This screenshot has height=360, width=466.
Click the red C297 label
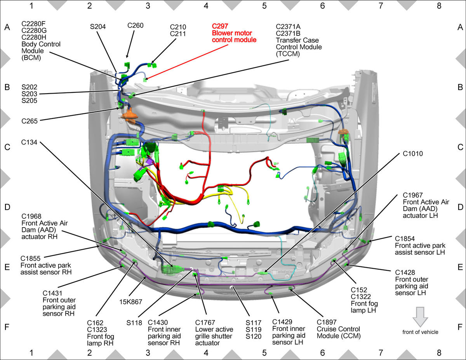click(x=220, y=26)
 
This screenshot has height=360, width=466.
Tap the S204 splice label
click(x=98, y=26)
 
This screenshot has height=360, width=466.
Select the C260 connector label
click(x=135, y=25)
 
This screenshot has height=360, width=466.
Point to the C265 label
click(x=30, y=121)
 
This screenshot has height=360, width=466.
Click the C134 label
click(x=29, y=142)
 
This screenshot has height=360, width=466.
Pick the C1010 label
click(x=413, y=153)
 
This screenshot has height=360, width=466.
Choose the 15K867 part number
click(x=130, y=302)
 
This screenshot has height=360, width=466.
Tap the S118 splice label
click(x=134, y=323)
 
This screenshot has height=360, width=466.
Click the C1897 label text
click(x=327, y=322)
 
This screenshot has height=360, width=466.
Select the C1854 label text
click(x=405, y=239)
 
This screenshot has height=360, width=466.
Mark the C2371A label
click(x=288, y=26)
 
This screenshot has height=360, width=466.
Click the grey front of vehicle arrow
click(x=420, y=317)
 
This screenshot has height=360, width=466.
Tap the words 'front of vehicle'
click(x=420, y=332)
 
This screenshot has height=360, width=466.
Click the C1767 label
click(x=205, y=322)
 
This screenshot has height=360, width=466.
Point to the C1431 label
click(x=52, y=293)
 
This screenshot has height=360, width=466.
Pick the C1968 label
click(x=31, y=216)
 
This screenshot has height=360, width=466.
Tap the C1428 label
click(x=405, y=272)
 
